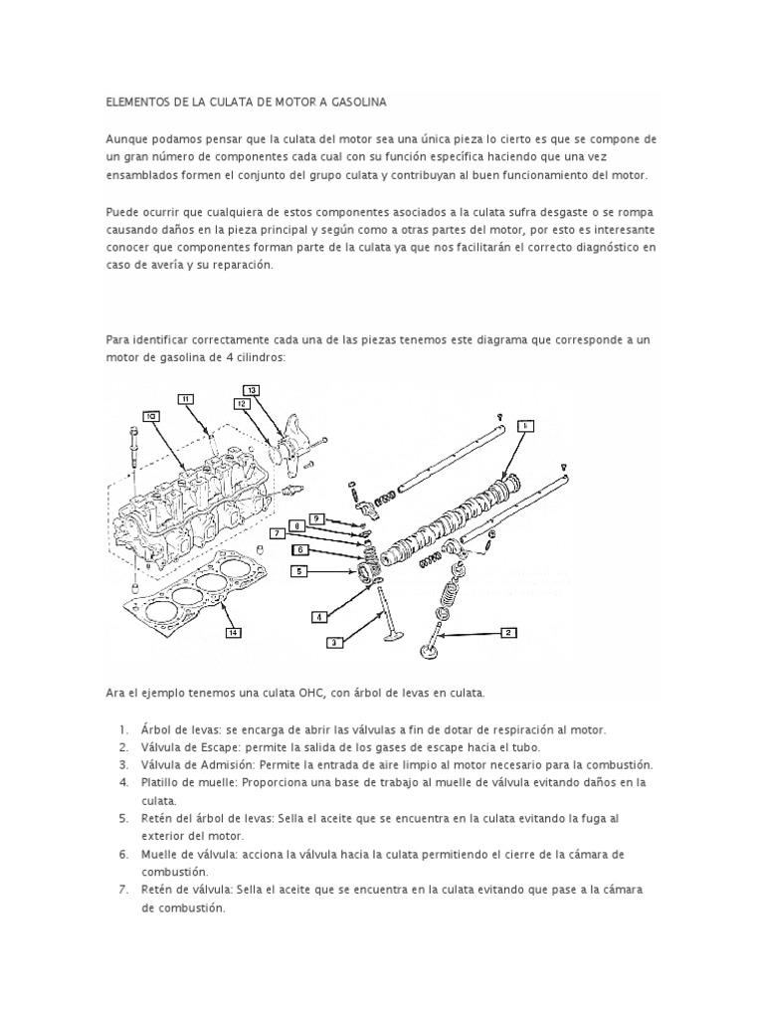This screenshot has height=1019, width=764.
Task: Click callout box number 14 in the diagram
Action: (232, 632)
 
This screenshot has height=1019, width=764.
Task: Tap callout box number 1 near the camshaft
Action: (525, 426)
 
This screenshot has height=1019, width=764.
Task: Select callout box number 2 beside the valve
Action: (507, 632)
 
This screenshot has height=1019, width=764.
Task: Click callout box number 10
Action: (151, 416)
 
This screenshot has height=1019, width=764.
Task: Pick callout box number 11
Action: (186, 399)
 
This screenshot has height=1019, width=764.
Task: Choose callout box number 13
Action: (252, 389)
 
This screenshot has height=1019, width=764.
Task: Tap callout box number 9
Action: (315, 518)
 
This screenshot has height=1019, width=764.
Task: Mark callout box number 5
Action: (298, 570)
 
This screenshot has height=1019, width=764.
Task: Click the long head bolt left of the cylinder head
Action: (131, 453)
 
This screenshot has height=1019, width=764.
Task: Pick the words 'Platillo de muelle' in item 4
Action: (186, 782)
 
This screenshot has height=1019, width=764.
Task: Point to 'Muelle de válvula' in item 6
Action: (187, 854)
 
